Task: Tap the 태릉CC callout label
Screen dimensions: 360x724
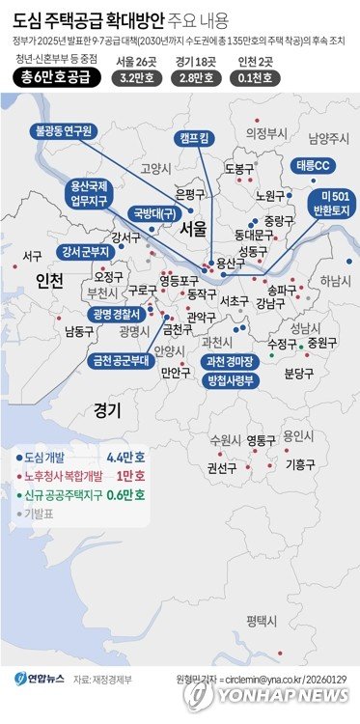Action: tap(312, 164)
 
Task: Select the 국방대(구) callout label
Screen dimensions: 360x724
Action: tap(153, 213)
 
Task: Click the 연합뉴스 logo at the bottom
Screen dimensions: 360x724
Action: tap(40, 680)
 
